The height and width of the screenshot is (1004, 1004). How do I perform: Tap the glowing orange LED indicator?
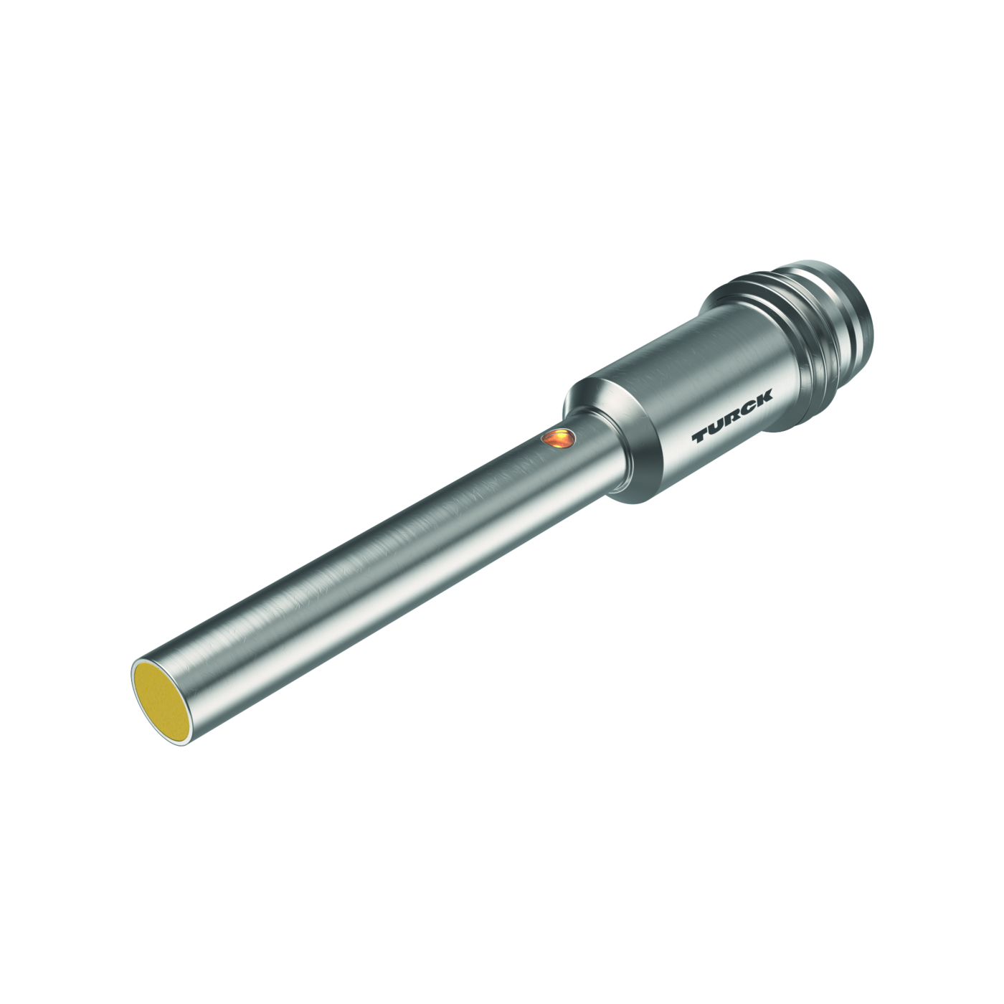click(x=558, y=437)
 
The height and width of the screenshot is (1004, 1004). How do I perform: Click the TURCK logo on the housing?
click(x=732, y=416)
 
